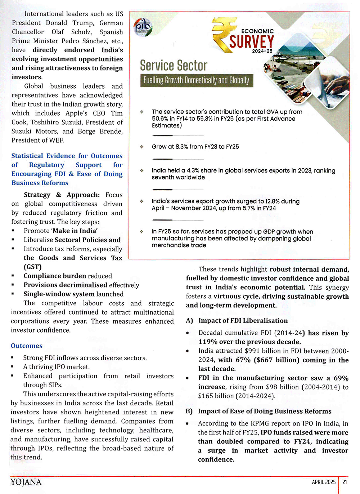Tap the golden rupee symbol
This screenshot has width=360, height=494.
tap(223, 34)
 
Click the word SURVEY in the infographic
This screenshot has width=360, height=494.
tap(252, 42)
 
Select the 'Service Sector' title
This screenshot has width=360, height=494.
tap(174, 66)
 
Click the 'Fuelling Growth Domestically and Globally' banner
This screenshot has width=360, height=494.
tap(196, 80)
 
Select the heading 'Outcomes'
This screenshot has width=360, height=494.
tap(27, 346)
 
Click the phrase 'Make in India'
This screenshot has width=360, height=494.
tap(75, 231)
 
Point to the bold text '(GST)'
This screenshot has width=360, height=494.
tap(33, 267)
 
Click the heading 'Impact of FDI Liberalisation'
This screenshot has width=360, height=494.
tap(243, 321)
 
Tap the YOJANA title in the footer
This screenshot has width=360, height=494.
tap(26, 482)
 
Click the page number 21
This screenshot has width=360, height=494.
tap(345, 482)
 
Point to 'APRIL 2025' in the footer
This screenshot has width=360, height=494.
tap(324, 482)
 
